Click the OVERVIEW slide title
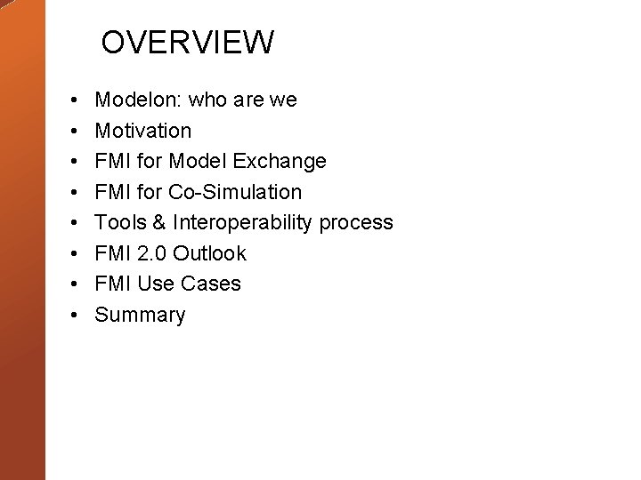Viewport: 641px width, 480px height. click(x=187, y=42)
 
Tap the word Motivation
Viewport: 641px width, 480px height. click(x=142, y=131)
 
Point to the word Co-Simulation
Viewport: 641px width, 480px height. click(x=234, y=192)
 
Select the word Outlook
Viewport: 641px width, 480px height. click(x=209, y=253)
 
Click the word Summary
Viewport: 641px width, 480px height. click(x=140, y=315)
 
